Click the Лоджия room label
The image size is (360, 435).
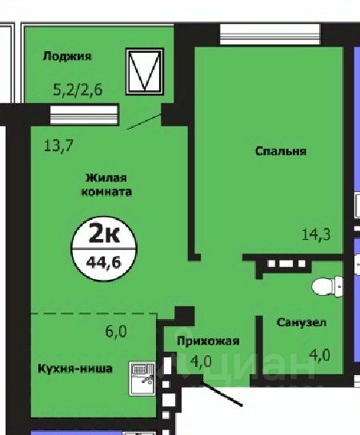tap(68, 56)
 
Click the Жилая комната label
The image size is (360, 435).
tap(106, 186)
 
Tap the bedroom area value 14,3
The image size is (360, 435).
tap(317, 234)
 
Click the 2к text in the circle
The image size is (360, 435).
tap(103, 235)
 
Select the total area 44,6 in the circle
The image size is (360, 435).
tap(103, 260)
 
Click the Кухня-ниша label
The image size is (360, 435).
tap(75, 369)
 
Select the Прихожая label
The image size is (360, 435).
tap(207, 341)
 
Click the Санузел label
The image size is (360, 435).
tap(301, 323)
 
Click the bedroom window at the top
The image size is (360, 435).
tap(270, 34)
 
